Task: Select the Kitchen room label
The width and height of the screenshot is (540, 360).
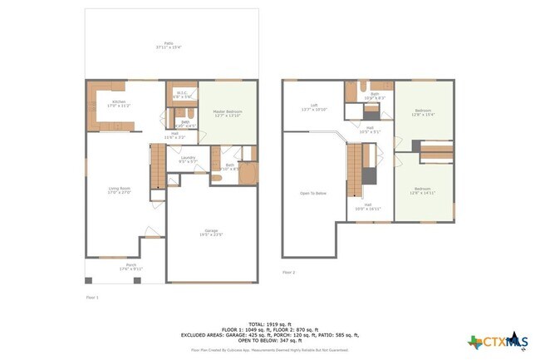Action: click(x=120, y=104)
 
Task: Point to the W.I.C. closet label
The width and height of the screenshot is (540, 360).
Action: click(x=182, y=94)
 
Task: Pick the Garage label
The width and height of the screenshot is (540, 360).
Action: click(x=211, y=233)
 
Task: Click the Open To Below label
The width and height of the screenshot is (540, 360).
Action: click(x=312, y=193)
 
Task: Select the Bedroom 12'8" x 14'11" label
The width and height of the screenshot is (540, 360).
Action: click(x=424, y=190)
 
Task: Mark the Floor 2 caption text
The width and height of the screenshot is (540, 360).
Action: click(x=288, y=272)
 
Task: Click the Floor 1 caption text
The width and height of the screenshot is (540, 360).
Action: click(x=92, y=296)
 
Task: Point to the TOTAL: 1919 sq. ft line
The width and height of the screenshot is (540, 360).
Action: click(x=269, y=323)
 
